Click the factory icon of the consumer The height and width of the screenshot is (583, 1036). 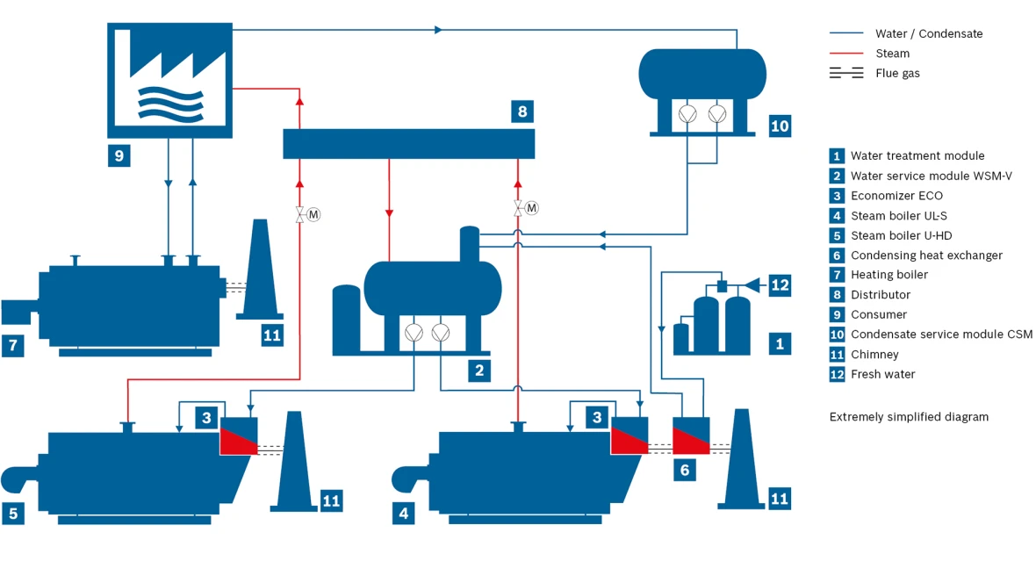pos(169,80)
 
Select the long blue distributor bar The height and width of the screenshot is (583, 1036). pos(409,143)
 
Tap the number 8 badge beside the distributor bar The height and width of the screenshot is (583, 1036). pos(522,111)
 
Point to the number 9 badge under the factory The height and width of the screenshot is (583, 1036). pos(119,155)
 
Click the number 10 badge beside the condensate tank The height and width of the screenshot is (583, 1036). pos(780,126)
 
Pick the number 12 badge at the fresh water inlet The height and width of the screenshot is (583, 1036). pos(780,284)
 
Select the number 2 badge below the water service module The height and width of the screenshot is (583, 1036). pos(479,371)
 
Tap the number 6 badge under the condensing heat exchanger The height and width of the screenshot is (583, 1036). pos(685,470)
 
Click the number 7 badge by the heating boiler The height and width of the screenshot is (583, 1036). pos(13,345)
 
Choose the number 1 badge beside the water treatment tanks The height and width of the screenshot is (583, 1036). pos(780,343)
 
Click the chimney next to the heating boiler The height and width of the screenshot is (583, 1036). pos(261,270)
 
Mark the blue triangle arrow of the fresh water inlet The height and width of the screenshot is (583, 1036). pos(752,284)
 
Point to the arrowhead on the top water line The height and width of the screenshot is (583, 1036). pos(438,30)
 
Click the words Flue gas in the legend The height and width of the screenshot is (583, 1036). pos(897,74)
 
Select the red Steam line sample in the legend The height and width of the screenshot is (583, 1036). pos(846,53)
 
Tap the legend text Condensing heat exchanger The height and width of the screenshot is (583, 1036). pos(926,256)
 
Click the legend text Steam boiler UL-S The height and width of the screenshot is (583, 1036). pos(898,215)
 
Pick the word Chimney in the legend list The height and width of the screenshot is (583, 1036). pos(874,355)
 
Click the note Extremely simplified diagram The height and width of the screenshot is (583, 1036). pos(910,417)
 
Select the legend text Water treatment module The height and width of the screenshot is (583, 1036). pos(917,156)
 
